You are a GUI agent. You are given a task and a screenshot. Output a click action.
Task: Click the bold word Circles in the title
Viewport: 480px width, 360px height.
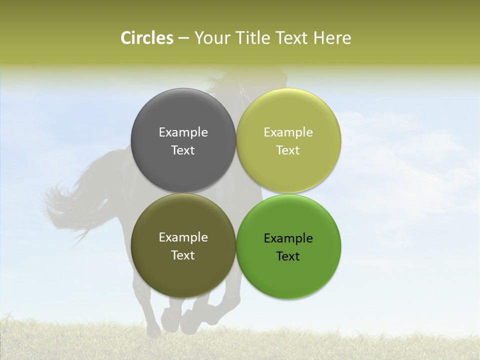pyautogui.click(x=146, y=38)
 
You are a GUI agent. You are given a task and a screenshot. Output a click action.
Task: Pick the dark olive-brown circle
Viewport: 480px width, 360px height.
pyautogui.click(x=183, y=272)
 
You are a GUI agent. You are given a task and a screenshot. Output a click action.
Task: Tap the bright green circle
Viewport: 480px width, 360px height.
pyautogui.click(x=288, y=275)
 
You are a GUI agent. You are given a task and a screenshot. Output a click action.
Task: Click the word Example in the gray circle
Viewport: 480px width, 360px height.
pyautogui.click(x=183, y=132)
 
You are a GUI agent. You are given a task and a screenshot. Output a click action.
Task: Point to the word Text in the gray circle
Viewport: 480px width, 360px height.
pyautogui.click(x=183, y=150)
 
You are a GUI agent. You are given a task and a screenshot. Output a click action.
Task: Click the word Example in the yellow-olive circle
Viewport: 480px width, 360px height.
pyautogui.click(x=288, y=132)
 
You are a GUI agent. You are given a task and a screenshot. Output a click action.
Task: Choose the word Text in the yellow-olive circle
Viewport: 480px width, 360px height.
pyautogui.click(x=288, y=150)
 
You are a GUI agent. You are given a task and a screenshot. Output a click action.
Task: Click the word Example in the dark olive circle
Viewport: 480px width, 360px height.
pyautogui.click(x=183, y=237)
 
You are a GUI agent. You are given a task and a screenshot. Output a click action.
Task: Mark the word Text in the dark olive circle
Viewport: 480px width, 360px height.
pyautogui.click(x=183, y=255)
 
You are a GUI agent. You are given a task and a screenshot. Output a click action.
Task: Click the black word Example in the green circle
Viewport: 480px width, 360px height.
pyautogui.click(x=288, y=238)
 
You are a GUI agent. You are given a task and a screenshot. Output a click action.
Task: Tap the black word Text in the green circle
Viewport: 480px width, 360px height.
pyautogui.click(x=288, y=256)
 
